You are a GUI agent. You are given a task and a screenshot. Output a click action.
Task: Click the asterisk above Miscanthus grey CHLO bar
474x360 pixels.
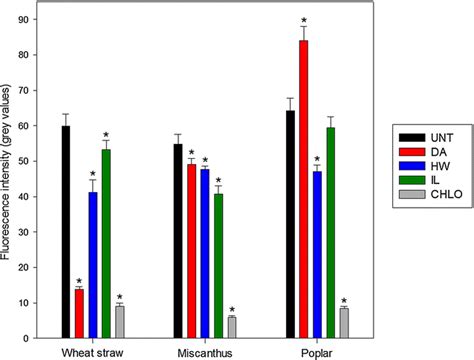pyautogui.click(x=231, y=309)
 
